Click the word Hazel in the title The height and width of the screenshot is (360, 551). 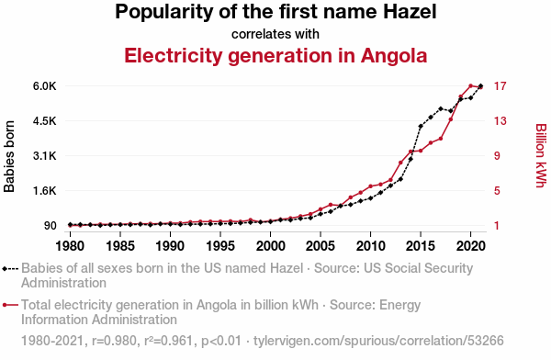click(410, 11)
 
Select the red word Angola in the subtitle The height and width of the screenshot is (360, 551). click(394, 55)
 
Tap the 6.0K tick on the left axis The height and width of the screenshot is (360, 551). click(45, 86)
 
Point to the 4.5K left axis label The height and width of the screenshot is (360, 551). click(45, 121)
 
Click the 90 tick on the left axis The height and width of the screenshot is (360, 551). click(51, 226)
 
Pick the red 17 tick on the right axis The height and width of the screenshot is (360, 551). click(500, 86)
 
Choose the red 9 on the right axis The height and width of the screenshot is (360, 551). click(497, 156)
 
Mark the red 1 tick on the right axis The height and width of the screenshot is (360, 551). click(497, 226)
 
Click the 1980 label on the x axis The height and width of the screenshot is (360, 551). click(70, 246)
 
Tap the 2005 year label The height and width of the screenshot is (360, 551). click(320, 246)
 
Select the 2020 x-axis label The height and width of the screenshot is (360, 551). click(470, 246)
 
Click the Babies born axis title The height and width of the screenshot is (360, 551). click(9, 156)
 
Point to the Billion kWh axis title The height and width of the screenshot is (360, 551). click(541, 156)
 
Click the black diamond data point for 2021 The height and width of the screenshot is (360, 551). click(480, 86)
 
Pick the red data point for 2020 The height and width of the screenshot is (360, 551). click(470, 85)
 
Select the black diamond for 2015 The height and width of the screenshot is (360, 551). click(421, 126)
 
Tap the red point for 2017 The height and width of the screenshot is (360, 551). click(441, 139)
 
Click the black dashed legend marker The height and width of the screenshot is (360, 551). click(10, 269)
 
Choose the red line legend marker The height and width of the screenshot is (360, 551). click(10, 305)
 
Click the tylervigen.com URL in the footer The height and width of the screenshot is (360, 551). click(378, 341)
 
